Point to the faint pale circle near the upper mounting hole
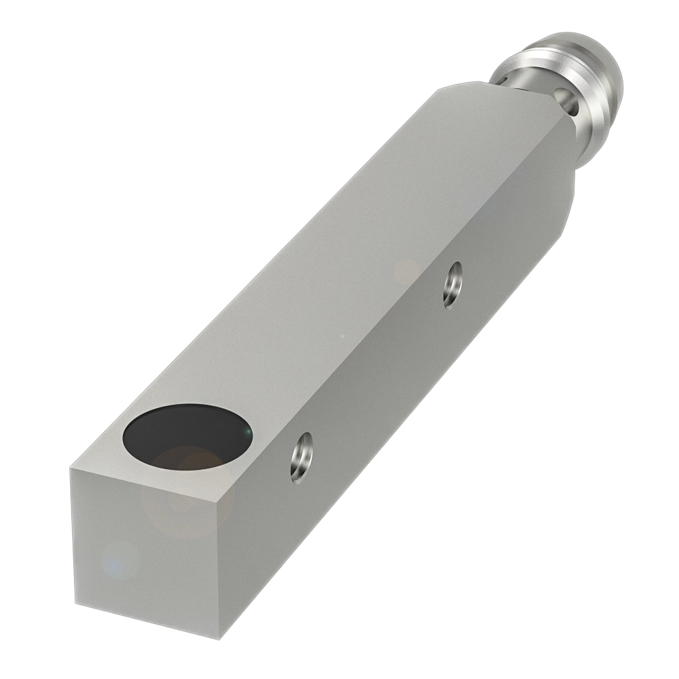pos(407,272)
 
